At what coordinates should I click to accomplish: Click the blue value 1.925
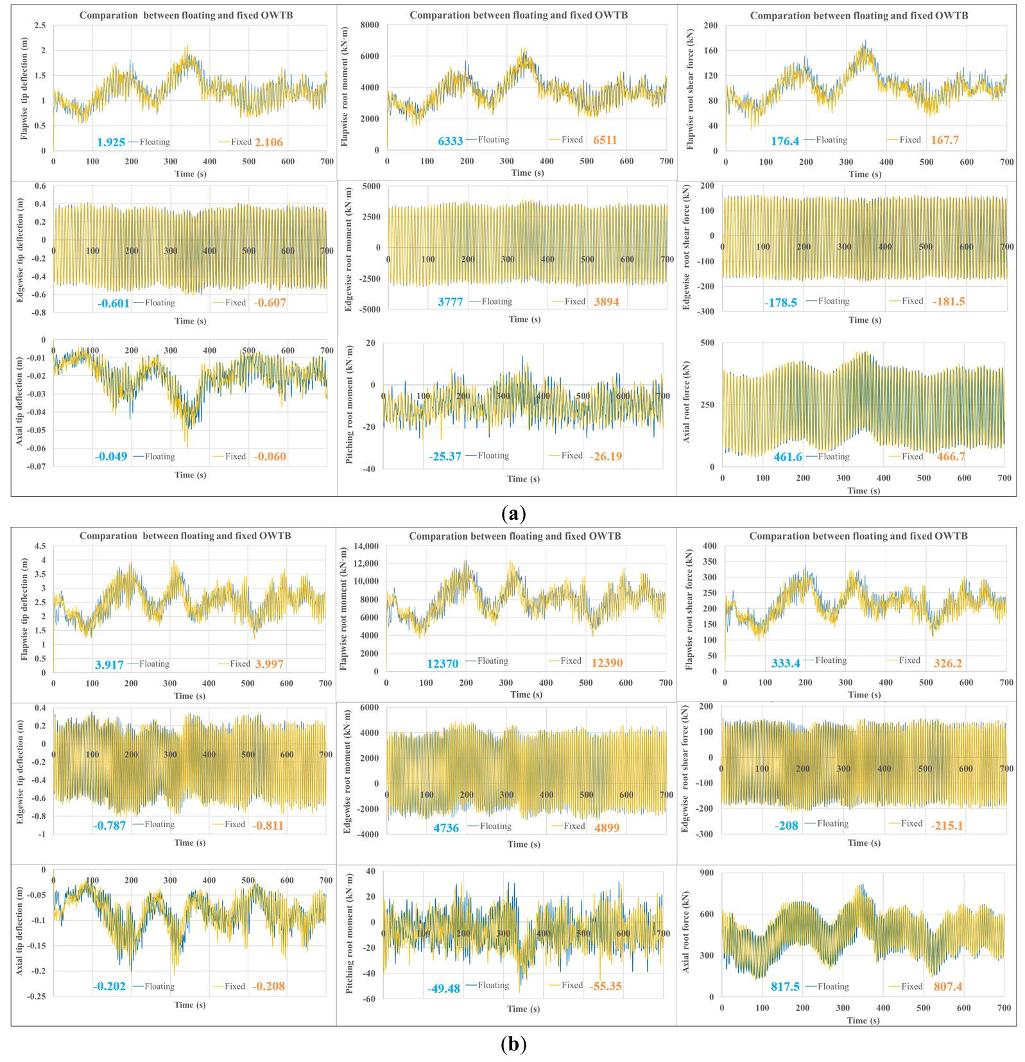tap(111, 142)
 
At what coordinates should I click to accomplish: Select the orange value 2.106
tap(268, 142)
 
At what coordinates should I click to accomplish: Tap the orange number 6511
tap(605, 140)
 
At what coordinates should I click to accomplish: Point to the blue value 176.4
tap(785, 141)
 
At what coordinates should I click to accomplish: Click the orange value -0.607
tap(270, 303)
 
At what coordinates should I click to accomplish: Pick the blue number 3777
tap(450, 302)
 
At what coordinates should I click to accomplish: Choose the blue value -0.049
tap(111, 457)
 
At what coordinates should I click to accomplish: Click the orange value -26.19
tap(606, 457)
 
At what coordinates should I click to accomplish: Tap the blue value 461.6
tap(788, 457)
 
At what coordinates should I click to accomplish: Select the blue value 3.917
tap(109, 665)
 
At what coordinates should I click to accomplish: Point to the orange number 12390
tap(607, 663)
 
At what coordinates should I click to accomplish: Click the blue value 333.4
tap(785, 663)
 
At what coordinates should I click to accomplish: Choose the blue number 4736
tap(446, 828)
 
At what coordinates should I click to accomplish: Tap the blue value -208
tap(786, 826)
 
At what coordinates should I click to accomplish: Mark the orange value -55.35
tap(605, 986)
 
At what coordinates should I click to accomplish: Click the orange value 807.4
tap(947, 986)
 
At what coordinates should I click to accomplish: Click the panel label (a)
tap(513, 513)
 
